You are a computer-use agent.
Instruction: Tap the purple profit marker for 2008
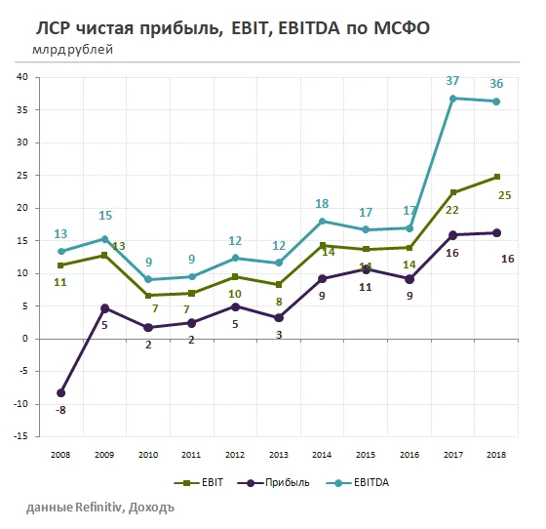[x=61, y=392]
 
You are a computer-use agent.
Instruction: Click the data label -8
[x=60, y=411]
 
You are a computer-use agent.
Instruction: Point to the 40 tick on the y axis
[x=21, y=78]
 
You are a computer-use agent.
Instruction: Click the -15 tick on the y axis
[x=19, y=436]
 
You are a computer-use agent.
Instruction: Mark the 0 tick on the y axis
[x=24, y=339]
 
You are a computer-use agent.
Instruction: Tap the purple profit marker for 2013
[x=278, y=317]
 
